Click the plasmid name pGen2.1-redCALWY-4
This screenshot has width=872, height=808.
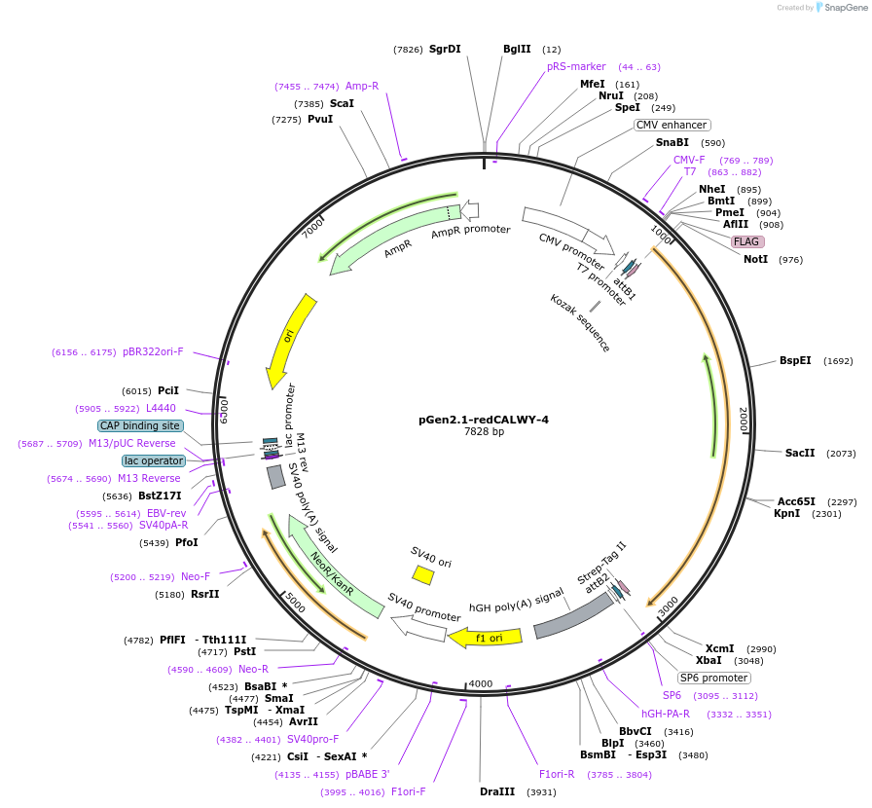tap(484, 420)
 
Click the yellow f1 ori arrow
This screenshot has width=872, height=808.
tap(486, 638)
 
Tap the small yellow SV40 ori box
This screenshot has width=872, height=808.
tap(422, 575)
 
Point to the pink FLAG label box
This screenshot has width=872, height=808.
tap(747, 241)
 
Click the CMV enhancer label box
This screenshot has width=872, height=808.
tap(672, 125)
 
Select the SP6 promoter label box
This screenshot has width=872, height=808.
tap(714, 678)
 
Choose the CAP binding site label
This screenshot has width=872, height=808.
tap(140, 425)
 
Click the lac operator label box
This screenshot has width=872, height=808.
tap(153, 460)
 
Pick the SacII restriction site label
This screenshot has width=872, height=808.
tap(800, 453)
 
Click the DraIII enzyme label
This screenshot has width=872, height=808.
tap(497, 791)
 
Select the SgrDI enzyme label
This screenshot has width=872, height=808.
tap(445, 49)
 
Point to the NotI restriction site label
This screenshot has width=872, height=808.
tap(755, 259)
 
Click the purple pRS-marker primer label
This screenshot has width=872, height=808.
tap(576, 66)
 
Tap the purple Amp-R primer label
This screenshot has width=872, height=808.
tap(362, 86)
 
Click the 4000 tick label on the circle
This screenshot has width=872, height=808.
tap(481, 683)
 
